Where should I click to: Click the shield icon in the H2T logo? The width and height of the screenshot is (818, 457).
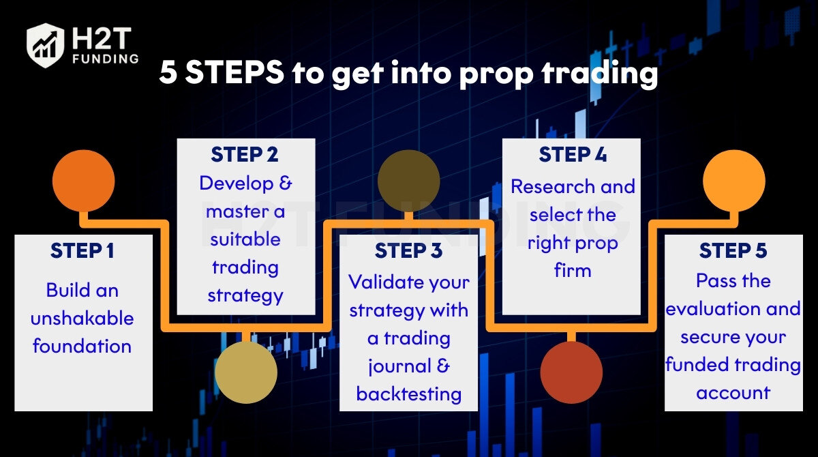click(x=45, y=45)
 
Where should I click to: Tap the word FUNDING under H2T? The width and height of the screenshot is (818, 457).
click(x=106, y=59)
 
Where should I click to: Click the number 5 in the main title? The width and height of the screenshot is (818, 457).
click(x=168, y=72)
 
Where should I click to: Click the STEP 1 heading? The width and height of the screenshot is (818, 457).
click(x=82, y=250)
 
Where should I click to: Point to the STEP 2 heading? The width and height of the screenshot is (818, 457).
click(x=245, y=154)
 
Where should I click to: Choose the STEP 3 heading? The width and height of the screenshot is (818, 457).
click(x=408, y=250)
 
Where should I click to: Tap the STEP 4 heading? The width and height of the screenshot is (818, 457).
click(x=573, y=154)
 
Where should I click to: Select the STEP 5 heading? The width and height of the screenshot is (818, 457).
click(x=733, y=250)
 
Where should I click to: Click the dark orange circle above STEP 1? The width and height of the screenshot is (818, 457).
click(x=84, y=181)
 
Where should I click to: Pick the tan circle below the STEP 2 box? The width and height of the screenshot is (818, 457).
click(x=246, y=372)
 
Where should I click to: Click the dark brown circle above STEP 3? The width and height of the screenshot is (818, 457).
click(x=408, y=181)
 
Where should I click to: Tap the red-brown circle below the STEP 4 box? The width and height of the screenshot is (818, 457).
click(x=571, y=372)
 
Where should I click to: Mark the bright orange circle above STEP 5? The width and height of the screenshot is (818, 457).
click(x=734, y=181)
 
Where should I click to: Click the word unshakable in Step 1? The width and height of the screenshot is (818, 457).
click(x=82, y=318)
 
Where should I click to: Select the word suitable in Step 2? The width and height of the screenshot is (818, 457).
click(x=245, y=239)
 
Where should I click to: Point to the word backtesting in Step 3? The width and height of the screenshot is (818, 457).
click(x=408, y=394)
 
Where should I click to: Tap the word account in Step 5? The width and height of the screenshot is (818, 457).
click(x=733, y=393)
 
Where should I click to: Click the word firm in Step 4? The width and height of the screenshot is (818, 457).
click(x=573, y=270)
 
